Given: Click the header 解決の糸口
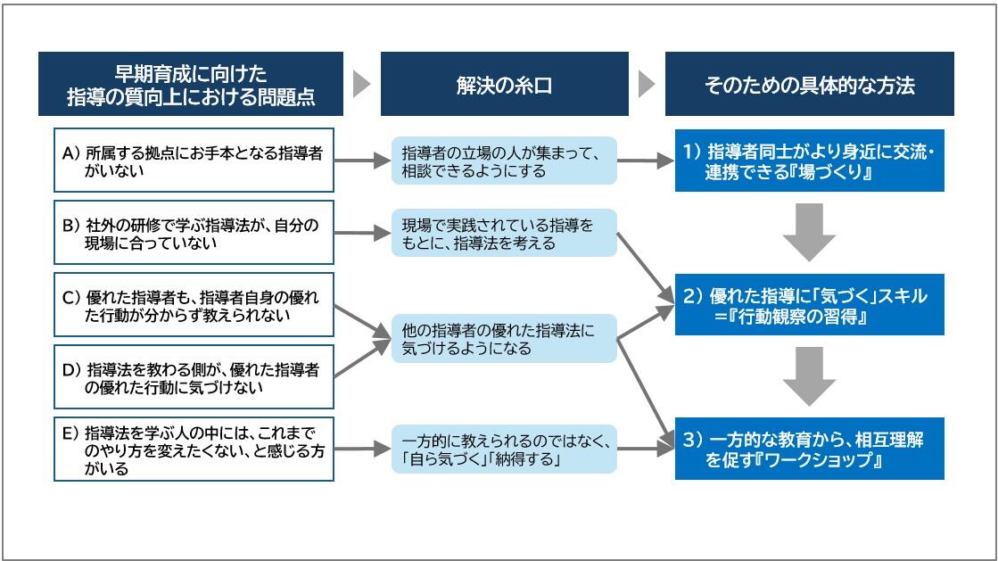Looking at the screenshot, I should coord(504,84).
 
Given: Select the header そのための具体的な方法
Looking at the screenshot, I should coord(809,84).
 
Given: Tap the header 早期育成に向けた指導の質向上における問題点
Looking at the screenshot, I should coord(191,84).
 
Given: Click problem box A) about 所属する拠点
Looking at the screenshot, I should coord(194,161).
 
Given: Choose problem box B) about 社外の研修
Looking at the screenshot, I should coord(194,233).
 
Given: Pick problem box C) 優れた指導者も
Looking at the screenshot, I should coord(194,305).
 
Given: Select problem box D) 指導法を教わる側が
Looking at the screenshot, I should coord(194,377).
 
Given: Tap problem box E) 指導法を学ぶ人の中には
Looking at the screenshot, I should coord(194,450).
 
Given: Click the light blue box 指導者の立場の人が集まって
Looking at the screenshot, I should coord(505,161).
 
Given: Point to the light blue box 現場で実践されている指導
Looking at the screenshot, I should coord(505,233).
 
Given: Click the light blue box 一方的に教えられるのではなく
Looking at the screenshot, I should coord(505,449).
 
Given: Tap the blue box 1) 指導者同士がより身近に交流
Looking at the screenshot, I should coord(809,161).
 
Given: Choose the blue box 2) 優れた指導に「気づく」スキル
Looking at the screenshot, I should coord(809,305).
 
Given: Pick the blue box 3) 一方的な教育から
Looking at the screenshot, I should coord(809,449).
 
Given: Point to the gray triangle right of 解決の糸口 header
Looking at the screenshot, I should coord(647,84).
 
